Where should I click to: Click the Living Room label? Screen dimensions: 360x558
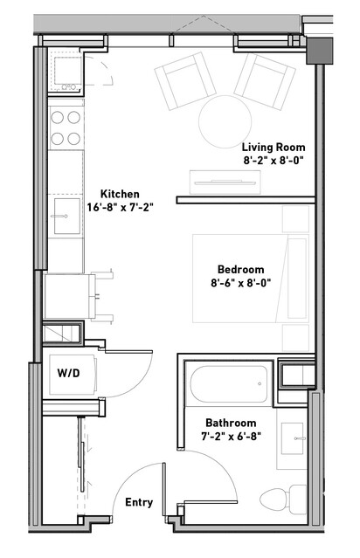(x=273, y=147)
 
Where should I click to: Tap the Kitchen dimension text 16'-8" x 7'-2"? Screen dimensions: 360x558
(x=120, y=207)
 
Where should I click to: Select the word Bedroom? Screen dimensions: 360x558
(x=240, y=269)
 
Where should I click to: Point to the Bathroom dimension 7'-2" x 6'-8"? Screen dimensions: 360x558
(x=231, y=437)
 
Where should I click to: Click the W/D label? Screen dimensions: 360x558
(x=68, y=373)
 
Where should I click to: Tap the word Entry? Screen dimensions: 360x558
(x=139, y=502)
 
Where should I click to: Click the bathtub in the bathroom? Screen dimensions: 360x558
(x=229, y=384)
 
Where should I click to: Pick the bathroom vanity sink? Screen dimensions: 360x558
(x=293, y=438)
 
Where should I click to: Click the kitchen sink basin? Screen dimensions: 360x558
(x=67, y=216)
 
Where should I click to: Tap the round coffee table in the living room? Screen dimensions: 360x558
(x=225, y=121)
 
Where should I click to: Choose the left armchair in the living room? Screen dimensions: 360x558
(x=185, y=81)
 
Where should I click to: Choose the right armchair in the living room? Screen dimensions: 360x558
(x=265, y=81)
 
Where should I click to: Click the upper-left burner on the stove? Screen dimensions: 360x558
(x=57, y=117)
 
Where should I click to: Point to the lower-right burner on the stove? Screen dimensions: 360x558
(x=73, y=139)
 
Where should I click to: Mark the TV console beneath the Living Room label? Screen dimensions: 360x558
(x=225, y=183)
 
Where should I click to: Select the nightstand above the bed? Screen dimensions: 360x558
(x=295, y=219)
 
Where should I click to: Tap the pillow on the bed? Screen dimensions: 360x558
(x=297, y=279)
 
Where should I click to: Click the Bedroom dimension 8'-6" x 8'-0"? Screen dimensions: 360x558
(x=240, y=283)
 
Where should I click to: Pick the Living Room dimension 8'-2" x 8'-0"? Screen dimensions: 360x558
(x=273, y=161)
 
